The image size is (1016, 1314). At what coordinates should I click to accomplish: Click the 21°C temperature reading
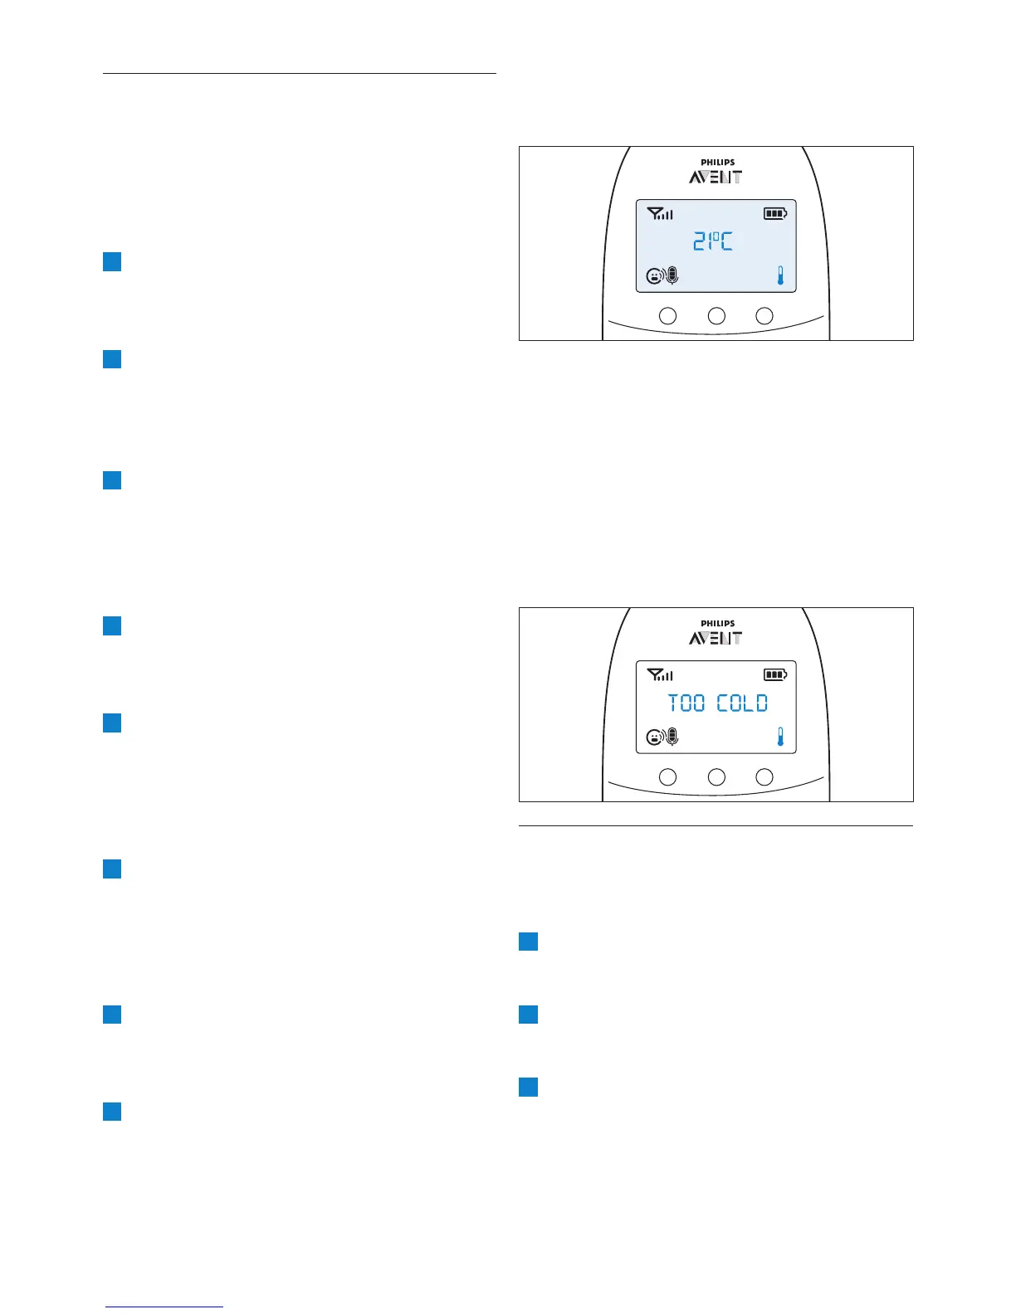(x=713, y=242)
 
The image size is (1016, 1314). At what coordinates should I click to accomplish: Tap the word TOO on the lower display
(x=686, y=703)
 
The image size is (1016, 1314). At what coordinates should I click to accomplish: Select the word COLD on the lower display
(x=743, y=703)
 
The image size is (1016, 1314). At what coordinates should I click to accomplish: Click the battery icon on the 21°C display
(x=775, y=214)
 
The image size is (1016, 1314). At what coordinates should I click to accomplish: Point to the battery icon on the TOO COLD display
(x=775, y=675)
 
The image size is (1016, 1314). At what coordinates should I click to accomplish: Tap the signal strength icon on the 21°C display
(x=660, y=214)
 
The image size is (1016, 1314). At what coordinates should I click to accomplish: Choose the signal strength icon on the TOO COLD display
(x=660, y=675)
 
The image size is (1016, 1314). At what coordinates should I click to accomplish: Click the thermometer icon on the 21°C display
(x=780, y=275)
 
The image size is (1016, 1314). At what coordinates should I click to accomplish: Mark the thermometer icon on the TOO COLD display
(x=780, y=737)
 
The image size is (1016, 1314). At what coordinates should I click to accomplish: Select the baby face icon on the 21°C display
(x=655, y=276)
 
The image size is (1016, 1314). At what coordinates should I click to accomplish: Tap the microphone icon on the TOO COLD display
(x=672, y=737)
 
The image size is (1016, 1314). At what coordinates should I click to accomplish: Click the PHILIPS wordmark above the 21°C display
(x=717, y=163)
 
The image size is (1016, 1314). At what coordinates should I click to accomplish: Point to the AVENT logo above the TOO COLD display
(x=716, y=638)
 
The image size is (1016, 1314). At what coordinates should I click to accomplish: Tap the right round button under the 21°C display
(x=764, y=316)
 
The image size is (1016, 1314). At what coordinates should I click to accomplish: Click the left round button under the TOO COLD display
(x=667, y=777)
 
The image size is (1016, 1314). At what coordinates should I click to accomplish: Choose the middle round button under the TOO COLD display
(x=716, y=777)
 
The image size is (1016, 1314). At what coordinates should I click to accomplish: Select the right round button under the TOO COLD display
(x=764, y=777)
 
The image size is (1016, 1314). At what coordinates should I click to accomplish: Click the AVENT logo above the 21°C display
(x=716, y=177)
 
